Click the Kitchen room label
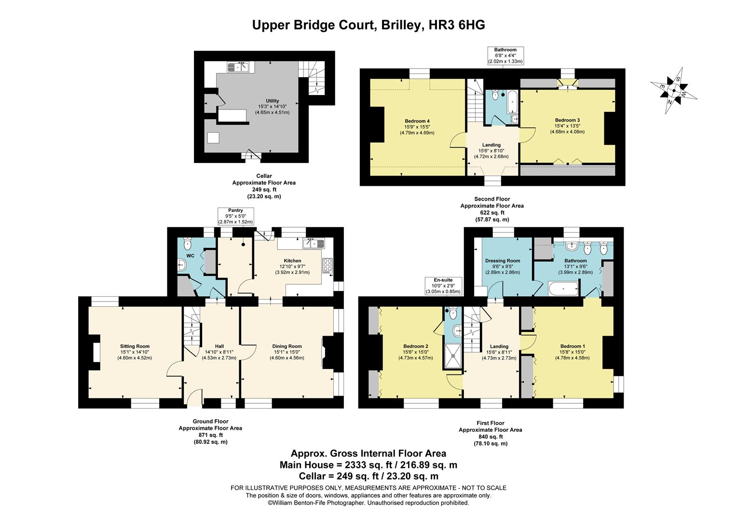click(x=292, y=266)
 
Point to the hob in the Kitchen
click(x=328, y=266)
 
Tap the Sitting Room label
click(x=135, y=352)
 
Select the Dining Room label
click(x=287, y=352)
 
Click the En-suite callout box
click(x=443, y=286)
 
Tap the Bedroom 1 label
click(x=572, y=352)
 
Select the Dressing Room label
click(x=502, y=266)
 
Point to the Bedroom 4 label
click(x=417, y=126)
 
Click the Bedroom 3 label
click(x=567, y=125)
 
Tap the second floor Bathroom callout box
click(x=505, y=55)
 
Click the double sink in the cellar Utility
click(x=239, y=68)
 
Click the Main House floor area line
click(x=368, y=465)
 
